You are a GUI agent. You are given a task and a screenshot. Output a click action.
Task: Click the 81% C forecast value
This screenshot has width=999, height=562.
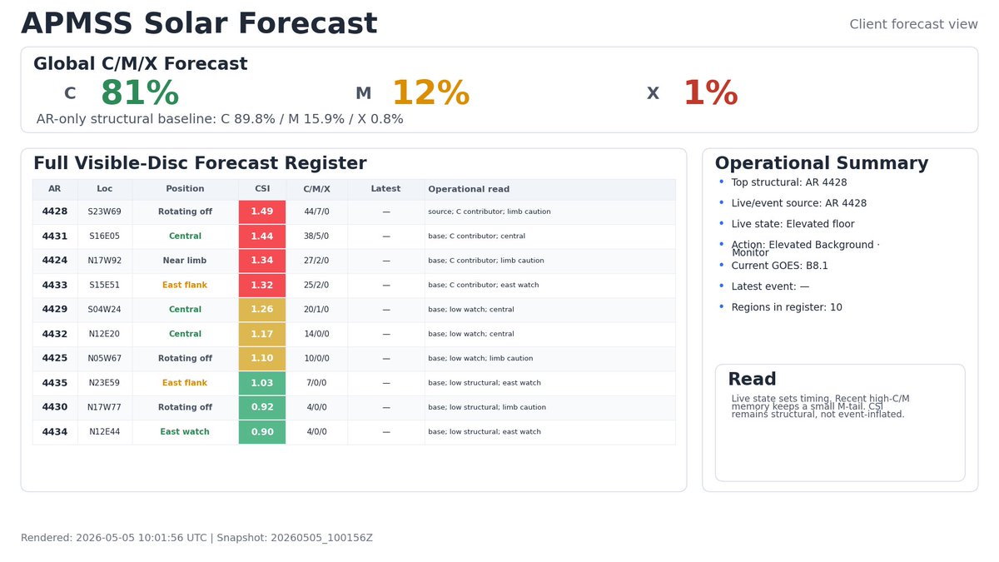coord(140,92)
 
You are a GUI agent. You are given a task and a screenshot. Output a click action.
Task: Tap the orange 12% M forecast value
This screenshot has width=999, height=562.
coord(431,92)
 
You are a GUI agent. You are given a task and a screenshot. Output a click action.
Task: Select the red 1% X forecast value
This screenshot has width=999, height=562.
coord(710,92)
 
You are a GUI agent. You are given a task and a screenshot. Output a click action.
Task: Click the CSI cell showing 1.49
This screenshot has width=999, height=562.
coord(261,211)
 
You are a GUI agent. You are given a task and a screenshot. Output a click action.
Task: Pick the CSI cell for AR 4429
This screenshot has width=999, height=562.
coord(261,309)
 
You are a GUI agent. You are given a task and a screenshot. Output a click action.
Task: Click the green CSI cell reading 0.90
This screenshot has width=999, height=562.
coord(261,432)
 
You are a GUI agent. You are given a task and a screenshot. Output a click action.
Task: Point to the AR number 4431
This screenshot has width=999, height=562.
coord(55,236)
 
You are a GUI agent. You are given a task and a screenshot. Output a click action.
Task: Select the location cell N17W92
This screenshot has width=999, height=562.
coord(104,261)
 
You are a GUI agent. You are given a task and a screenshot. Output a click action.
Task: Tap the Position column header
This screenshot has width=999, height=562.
coord(185,189)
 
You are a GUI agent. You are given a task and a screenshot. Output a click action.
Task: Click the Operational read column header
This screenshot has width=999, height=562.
coord(469,189)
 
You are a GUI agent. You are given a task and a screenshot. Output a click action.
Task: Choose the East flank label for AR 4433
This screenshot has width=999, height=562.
coord(185,285)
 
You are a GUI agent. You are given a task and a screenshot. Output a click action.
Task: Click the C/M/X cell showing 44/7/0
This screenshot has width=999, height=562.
coord(316,211)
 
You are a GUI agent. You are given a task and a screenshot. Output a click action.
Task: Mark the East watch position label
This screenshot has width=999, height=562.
coord(185,432)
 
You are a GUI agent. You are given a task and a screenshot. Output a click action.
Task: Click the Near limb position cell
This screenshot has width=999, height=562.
coord(185,261)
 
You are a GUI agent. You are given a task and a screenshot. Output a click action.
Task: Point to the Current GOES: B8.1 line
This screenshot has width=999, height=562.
coord(779,266)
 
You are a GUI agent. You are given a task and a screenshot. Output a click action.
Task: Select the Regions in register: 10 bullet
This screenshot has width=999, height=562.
coord(787,307)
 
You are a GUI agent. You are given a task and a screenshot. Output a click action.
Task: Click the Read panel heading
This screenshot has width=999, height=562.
coord(752,379)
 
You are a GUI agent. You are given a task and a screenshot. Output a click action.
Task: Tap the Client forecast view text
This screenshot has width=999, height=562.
coord(913,24)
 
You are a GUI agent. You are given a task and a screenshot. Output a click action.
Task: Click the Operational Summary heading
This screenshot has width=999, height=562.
coord(822,163)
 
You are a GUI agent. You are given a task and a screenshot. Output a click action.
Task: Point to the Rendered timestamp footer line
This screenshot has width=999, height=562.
coord(196,538)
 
